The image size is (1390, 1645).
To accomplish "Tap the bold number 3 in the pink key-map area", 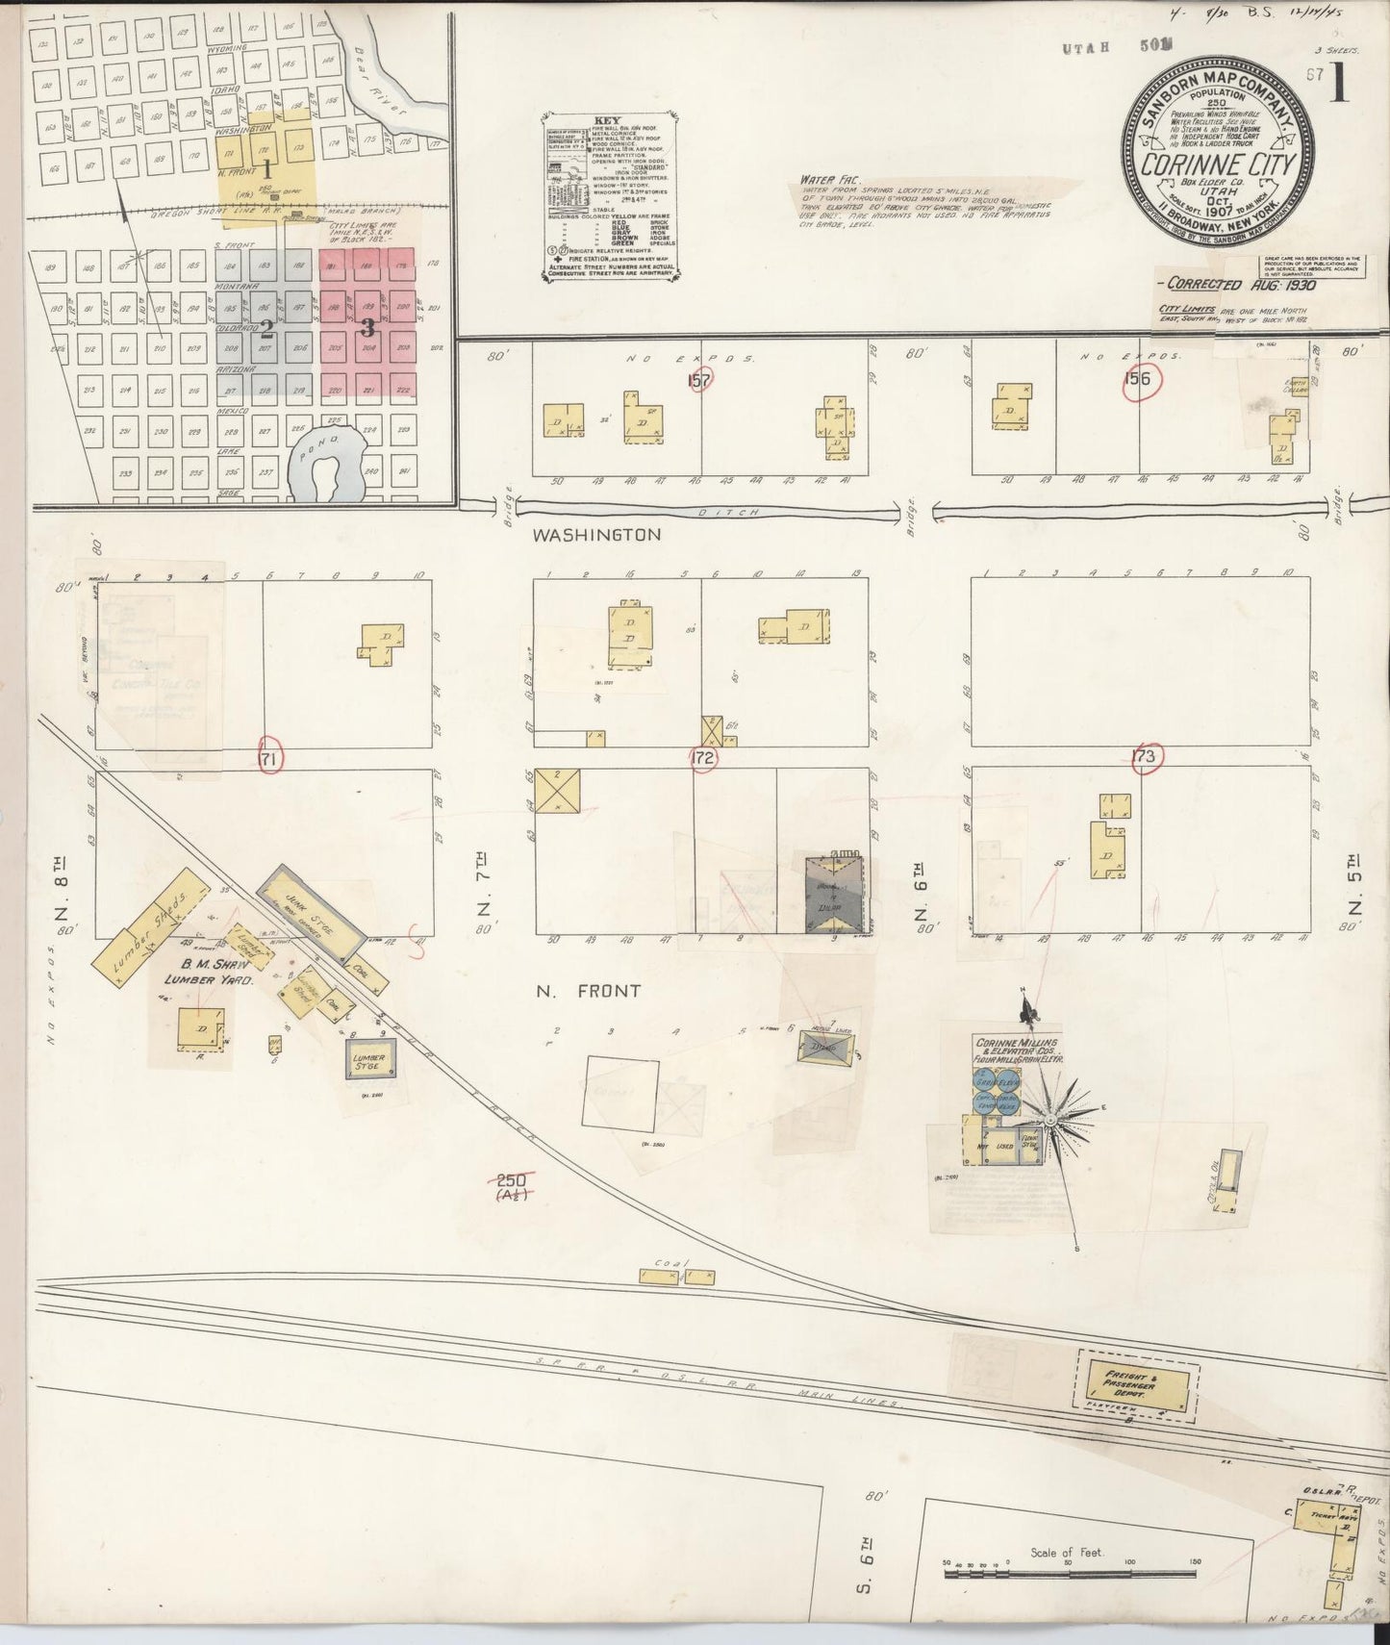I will tap(366, 327).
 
